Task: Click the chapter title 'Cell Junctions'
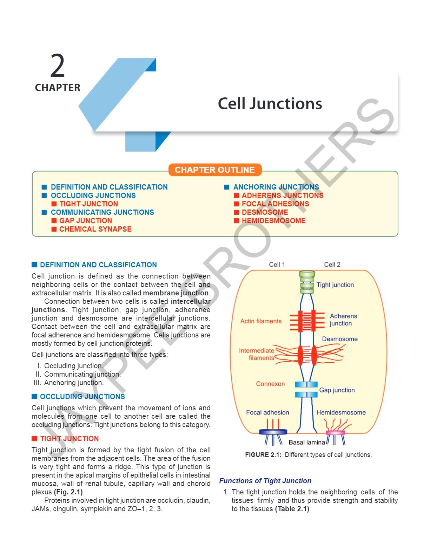point(270,104)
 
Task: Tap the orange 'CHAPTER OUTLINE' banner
point(215,170)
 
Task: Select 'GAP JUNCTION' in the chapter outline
point(86,221)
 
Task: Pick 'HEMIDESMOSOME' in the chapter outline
point(273,221)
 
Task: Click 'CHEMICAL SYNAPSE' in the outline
point(95,229)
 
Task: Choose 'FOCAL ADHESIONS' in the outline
point(275,204)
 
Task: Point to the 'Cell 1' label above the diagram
point(277,265)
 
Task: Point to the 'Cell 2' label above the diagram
point(332,265)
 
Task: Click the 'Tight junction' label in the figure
point(335,285)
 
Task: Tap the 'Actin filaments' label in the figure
point(261,321)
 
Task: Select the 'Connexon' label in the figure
point(270,384)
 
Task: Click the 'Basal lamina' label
point(307,443)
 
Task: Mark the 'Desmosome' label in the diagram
point(340,339)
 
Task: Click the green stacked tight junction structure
point(307,282)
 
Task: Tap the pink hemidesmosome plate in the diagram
point(335,433)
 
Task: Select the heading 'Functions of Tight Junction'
point(265,481)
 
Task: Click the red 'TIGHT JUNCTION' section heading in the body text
point(70,439)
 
